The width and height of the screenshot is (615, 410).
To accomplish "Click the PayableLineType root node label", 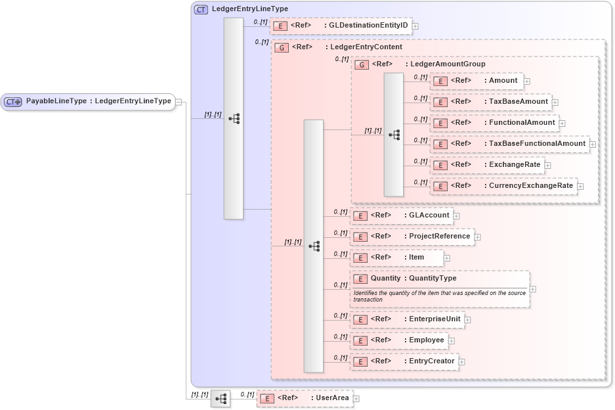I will [x=98, y=101].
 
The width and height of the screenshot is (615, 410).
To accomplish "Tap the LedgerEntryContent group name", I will [x=366, y=47].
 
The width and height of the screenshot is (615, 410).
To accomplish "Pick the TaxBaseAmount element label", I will [x=519, y=102].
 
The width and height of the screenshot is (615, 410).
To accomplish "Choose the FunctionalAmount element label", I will [x=522, y=122].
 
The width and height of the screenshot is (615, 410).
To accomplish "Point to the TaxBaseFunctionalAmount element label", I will [x=537, y=143].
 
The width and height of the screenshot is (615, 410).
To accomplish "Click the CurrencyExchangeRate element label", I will [x=531, y=185].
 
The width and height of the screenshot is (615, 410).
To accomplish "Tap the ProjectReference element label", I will [x=440, y=236].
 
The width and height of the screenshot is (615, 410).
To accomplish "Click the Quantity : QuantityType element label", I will [x=414, y=278].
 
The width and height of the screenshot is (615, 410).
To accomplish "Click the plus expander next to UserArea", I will [x=356, y=398].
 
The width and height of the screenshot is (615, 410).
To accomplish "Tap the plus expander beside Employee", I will [x=452, y=340].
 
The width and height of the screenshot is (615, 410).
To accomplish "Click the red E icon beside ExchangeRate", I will [x=440, y=165].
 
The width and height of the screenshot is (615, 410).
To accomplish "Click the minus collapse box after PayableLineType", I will [x=179, y=102].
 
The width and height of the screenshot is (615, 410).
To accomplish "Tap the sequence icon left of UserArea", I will [x=221, y=398].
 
